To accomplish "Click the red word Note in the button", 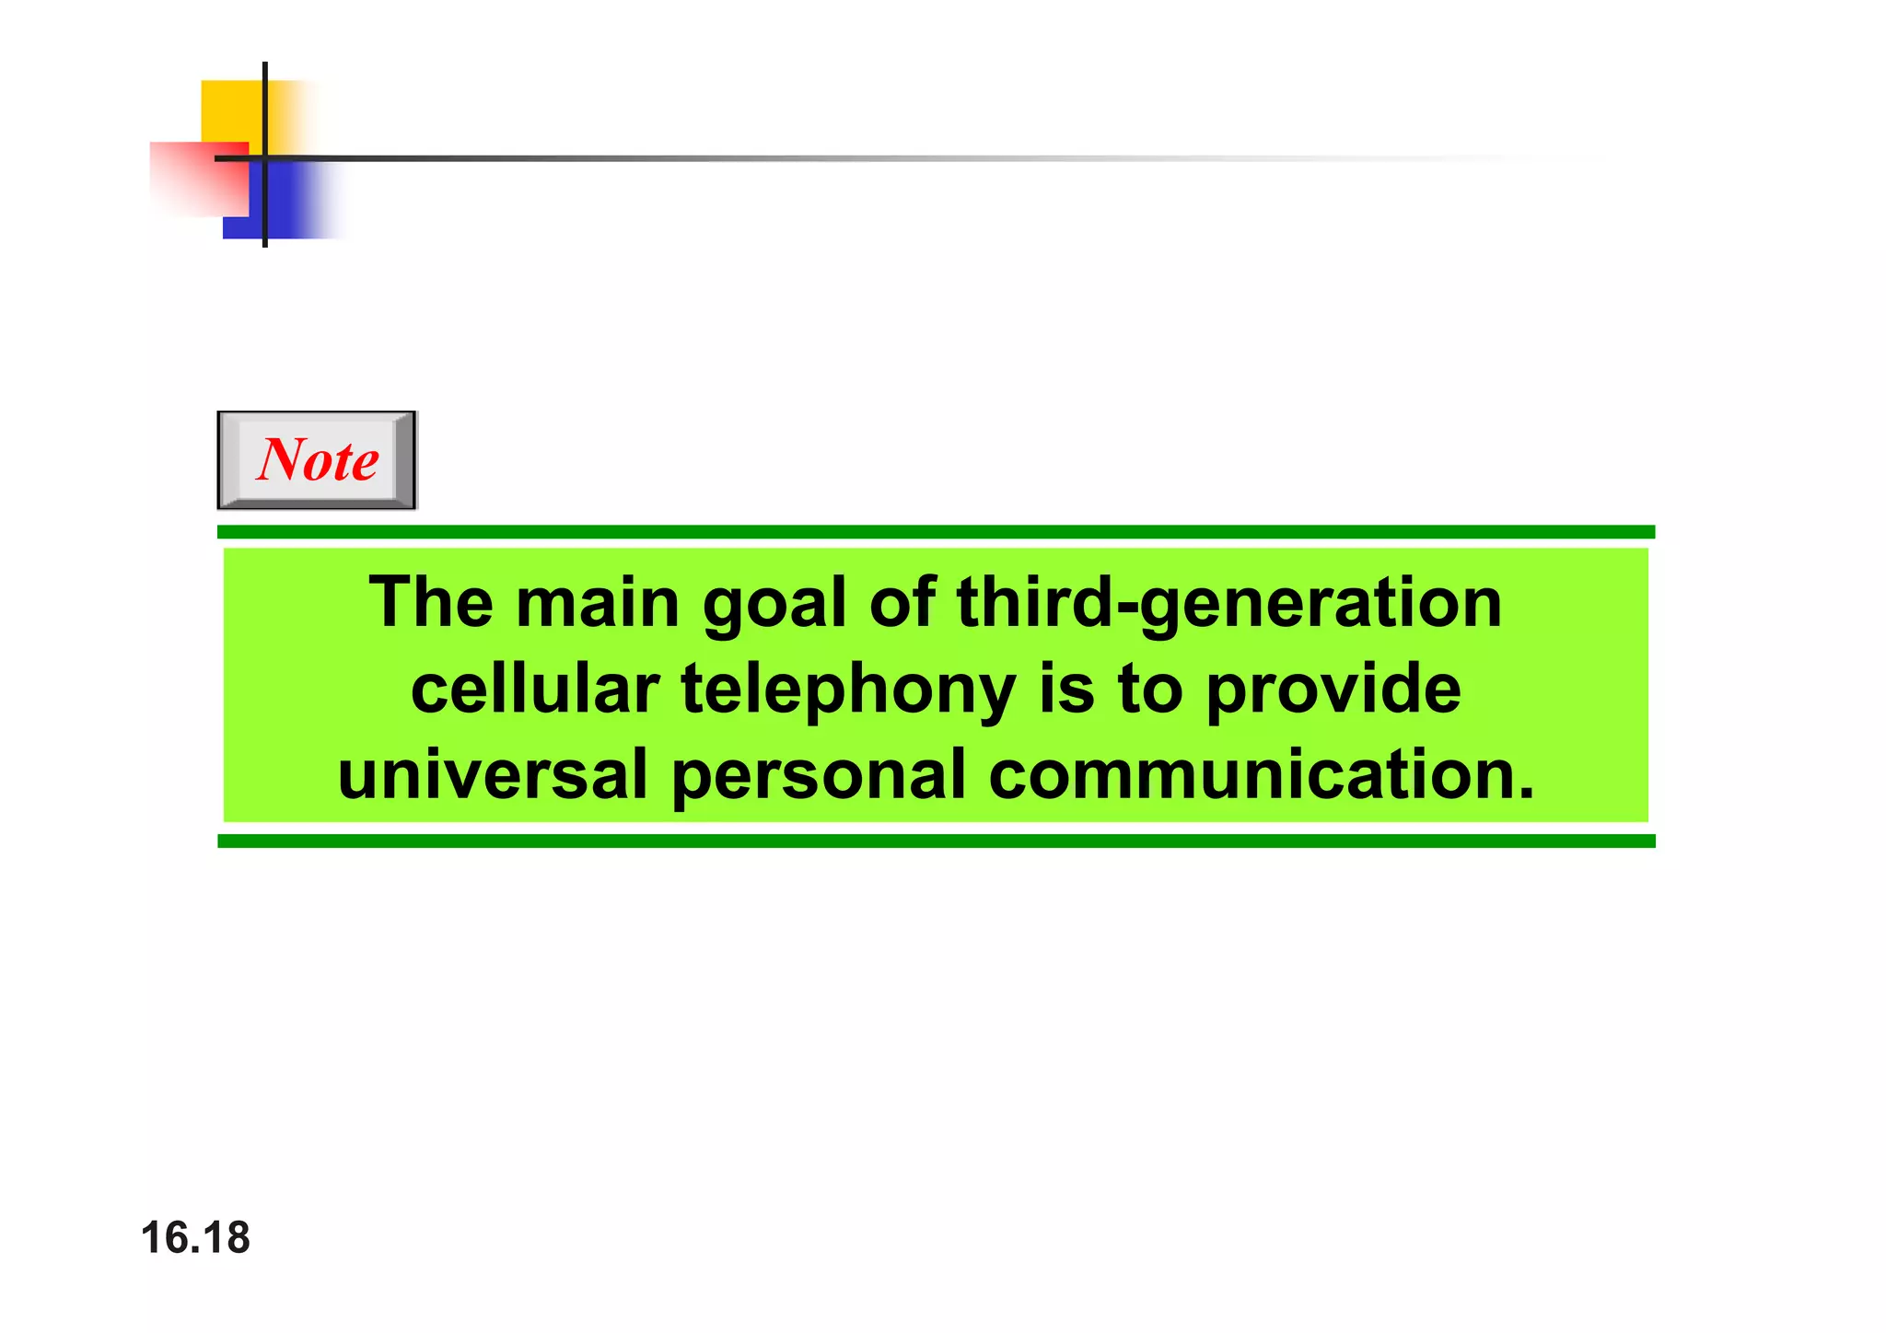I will [x=318, y=459].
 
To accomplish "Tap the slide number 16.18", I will [x=195, y=1238].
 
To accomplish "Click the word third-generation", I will [x=1229, y=603].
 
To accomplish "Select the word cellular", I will [x=535, y=690].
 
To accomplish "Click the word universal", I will [x=493, y=775].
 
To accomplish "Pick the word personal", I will [x=819, y=776].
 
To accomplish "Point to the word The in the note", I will [x=431, y=603].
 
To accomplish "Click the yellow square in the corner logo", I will [x=230, y=110].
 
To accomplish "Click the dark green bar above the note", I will [x=936, y=532].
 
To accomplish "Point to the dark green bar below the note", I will [x=936, y=841].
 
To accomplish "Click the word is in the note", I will [x=1066, y=690].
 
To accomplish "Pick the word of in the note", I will [x=902, y=603].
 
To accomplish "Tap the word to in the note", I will [x=1149, y=690].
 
